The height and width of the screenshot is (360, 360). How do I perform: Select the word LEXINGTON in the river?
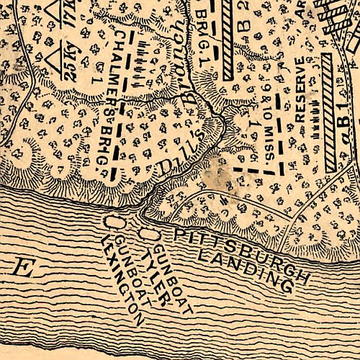pos(124,275)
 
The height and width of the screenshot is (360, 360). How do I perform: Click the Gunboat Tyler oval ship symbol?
pos(148,234)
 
